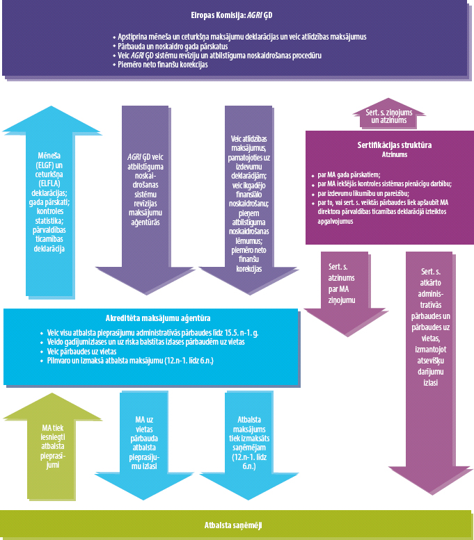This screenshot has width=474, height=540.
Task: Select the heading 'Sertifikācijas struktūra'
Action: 389,145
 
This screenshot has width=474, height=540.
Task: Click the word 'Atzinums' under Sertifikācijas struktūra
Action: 389,154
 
